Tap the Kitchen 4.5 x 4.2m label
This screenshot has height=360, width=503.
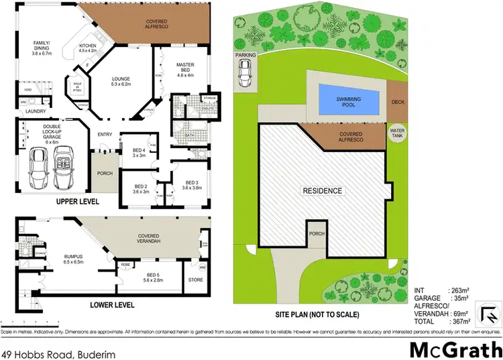pyautogui.click(x=89, y=48)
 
